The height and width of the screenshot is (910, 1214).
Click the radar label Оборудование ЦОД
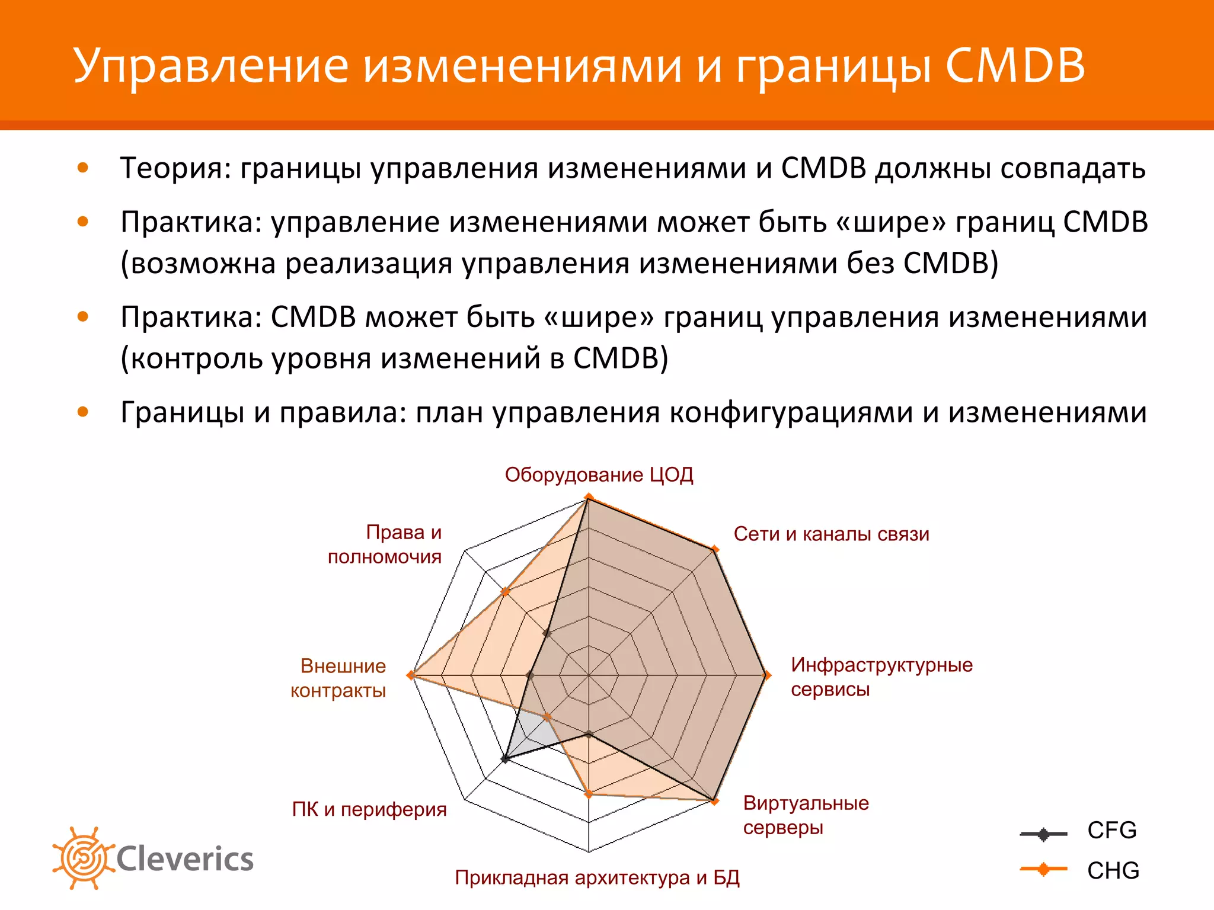click(599, 475)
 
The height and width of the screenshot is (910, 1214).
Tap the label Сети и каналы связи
click(831, 534)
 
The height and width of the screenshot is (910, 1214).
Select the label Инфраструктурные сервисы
click(881, 677)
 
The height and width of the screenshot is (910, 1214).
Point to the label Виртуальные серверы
click(806, 815)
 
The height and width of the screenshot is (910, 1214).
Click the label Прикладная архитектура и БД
click(597, 877)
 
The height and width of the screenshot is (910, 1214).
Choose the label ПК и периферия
click(369, 809)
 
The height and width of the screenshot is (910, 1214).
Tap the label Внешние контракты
click(338, 678)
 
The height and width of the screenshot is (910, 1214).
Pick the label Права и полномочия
click(385, 544)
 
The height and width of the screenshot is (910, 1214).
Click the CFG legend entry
click(1079, 831)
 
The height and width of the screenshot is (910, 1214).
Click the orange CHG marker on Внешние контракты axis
click(410, 675)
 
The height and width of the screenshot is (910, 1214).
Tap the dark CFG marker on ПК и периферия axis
click(505, 759)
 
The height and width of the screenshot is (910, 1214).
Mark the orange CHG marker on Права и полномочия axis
click(505, 591)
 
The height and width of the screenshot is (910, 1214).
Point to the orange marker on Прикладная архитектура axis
click(589, 794)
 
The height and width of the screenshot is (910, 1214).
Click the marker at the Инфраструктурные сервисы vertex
click(766, 675)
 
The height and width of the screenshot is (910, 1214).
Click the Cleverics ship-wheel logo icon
click(83, 858)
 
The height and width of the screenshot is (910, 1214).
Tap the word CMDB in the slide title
click(1015, 65)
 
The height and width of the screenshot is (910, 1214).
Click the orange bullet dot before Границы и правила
click(83, 412)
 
